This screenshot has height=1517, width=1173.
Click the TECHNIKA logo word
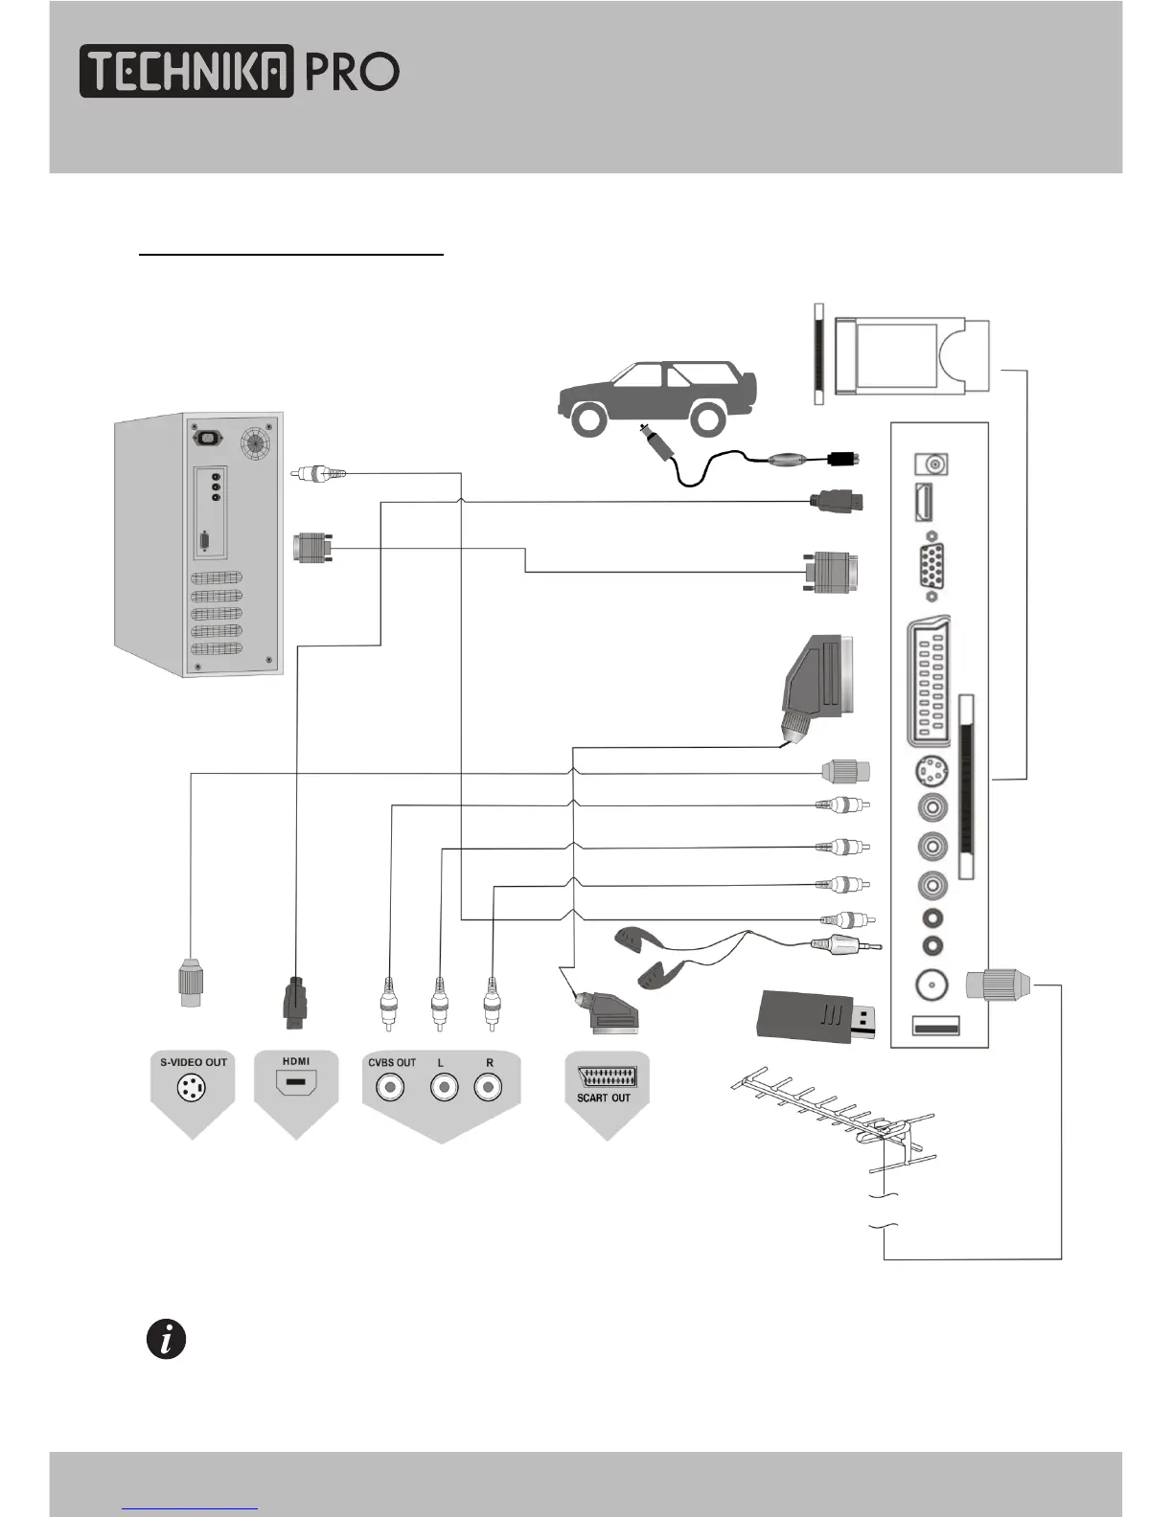click(187, 71)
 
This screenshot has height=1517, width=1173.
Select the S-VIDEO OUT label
click(194, 1062)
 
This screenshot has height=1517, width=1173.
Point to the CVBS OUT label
click(392, 1062)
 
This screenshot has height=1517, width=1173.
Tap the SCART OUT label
click(604, 1098)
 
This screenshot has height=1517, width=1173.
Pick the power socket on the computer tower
click(208, 438)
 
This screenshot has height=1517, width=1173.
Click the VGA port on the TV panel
click(931, 567)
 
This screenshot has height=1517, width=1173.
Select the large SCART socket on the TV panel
click(929, 681)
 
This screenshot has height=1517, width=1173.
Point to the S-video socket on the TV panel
click(931, 772)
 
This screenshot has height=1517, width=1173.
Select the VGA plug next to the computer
click(312, 547)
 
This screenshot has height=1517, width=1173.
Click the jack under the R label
click(488, 1088)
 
